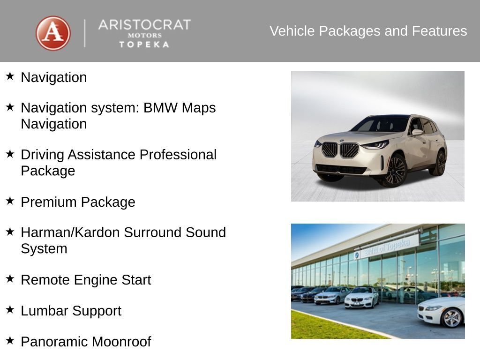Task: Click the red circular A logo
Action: pyautogui.click(x=53, y=33)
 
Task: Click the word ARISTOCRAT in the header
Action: pyautogui.click(x=144, y=25)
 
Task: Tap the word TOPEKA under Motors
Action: pyautogui.click(x=144, y=45)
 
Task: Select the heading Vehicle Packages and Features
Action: pyautogui.click(x=368, y=31)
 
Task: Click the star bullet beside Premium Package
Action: pyautogui.click(x=10, y=201)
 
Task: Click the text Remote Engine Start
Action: pyautogui.click(x=86, y=280)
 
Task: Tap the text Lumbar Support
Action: pyautogui.click(x=71, y=311)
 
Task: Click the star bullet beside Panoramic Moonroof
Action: pyautogui.click(x=10, y=340)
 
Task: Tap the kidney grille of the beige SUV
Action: pyautogui.click(x=340, y=150)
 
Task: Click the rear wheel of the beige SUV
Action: pyautogui.click(x=440, y=163)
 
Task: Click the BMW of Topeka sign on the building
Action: pyautogui.click(x=385, y=246)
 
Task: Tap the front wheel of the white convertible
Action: pyautogui.click(x=452, y=318)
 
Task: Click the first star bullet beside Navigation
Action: pyautogui.click(x=10, y=76)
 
